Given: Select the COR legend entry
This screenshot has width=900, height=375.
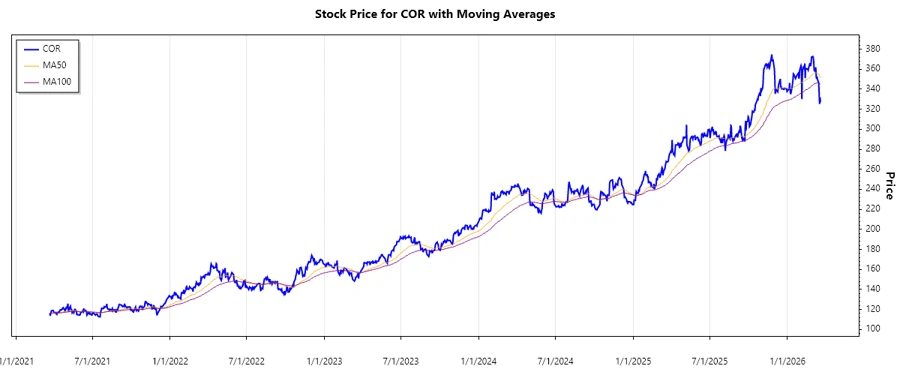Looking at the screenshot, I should (52, 47).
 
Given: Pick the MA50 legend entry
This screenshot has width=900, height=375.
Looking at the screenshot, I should (54, 64).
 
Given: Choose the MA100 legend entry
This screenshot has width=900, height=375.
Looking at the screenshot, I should (56, 81).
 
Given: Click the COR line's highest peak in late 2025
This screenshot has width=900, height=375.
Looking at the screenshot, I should (771, 55).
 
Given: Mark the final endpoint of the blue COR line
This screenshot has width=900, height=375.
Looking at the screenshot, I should (820, 103).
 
